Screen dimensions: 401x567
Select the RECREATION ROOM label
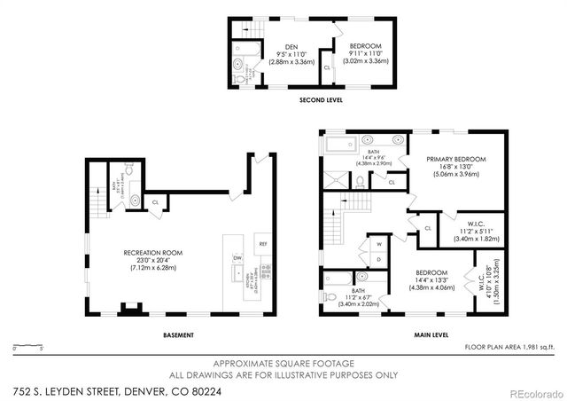tap(153, 253)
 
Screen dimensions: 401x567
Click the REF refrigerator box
tap(262, 243)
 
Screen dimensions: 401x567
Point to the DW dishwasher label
tap(237, 258)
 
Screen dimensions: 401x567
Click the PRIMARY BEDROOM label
tap(456, 159)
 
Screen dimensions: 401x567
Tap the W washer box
tap(378, 243)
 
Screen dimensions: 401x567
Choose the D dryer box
tap(378, 258)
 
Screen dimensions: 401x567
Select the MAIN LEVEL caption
tap(431, 334)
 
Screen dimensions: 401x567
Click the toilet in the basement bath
tap(136, 201)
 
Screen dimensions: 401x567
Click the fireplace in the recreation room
tap(128, 311)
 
